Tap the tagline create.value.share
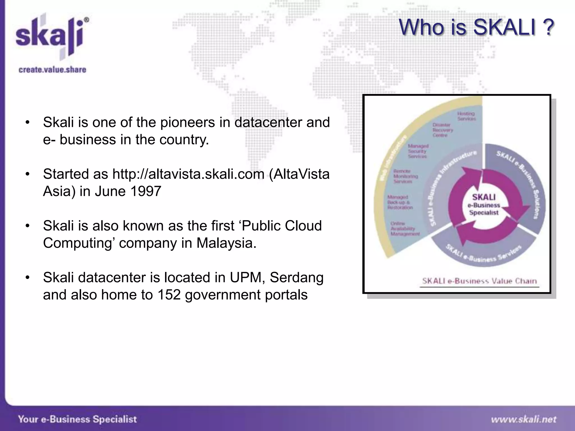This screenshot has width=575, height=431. pyautogui.click(x=53, y=70)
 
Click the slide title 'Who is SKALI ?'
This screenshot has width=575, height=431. pyautogui.click(x=476, y=27)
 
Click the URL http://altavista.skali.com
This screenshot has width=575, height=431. pyautogui.click(x=188, y=174)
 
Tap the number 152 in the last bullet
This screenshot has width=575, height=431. pyautogui.click(x=169, y=295)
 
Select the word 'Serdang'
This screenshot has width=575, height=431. pyautogui.click(x=296, y=278)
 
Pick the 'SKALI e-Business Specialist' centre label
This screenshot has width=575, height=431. pyautogui.click(x=484, y=205)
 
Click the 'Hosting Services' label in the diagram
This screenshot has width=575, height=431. pyautogui.click(x=466, y=116)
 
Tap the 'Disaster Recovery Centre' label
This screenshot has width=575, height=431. pyautogui.click(x=443, y=130)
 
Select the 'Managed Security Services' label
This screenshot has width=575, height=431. pyautogui.click(x=418, y=151)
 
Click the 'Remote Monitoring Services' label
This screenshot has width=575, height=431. pyautogui.click(x=405, y=176)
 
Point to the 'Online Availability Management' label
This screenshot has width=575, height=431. pyautogui.click(x=405, y=229)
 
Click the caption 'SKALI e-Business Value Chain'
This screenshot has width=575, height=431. pyautogui.click(x=479, y=281)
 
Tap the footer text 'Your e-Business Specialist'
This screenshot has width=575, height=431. pyautogui.click(x=77, y=419)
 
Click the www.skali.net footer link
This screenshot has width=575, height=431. pyautogui.click(x=524, y=419)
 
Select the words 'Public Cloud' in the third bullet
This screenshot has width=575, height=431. pyautogui.click(x=282, y=226)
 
